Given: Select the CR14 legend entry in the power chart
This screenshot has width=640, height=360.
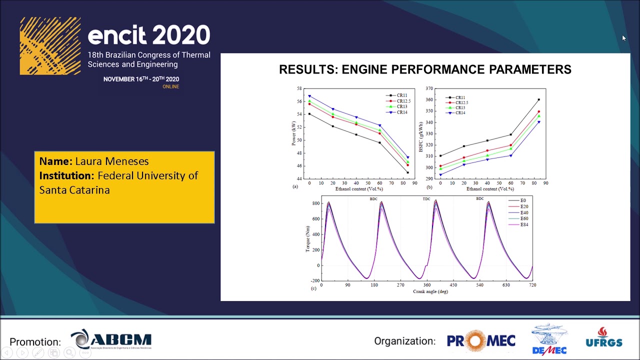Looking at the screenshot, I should click(x=401, y=112).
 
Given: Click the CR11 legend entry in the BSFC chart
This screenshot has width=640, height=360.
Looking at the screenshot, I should click(x=459, y=98).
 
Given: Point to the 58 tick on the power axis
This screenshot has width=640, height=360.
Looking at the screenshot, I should click(x=299, y=88).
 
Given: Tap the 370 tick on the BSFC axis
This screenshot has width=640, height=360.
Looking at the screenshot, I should click(x=429, y=88).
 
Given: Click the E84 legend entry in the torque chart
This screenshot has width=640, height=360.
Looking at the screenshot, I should click(x=523, y=224).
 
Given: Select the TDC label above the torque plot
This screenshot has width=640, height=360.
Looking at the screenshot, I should click(x=426, y=199).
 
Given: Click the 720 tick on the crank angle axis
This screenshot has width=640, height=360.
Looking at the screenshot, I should click(x=532, y=285).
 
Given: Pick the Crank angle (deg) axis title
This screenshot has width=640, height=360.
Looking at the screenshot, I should click(x=430, y=291).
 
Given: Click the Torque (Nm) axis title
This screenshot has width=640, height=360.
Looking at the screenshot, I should click(x=308, y=238).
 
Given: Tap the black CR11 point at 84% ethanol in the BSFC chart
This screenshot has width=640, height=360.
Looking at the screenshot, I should click(x=538, y=100).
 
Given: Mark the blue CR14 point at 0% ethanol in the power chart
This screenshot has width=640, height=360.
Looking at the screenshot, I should click(x=309, y=96).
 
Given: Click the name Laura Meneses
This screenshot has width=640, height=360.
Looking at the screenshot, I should click(x=111, y=161).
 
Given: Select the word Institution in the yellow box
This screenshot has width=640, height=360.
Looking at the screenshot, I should click(x=66, y=176).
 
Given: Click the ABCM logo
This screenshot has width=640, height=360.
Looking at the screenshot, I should click(x=111, y=340).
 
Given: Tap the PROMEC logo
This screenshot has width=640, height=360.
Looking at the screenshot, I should click(x=481, y=341).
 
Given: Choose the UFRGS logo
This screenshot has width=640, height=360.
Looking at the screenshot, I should click(x=604, y=338).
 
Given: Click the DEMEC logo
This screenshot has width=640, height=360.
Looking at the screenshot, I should click(x=549, y=339).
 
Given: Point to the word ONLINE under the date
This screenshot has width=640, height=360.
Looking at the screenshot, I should click(x=170, y=86).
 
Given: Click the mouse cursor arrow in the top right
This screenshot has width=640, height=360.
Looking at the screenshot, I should click(x=623, y=38).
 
